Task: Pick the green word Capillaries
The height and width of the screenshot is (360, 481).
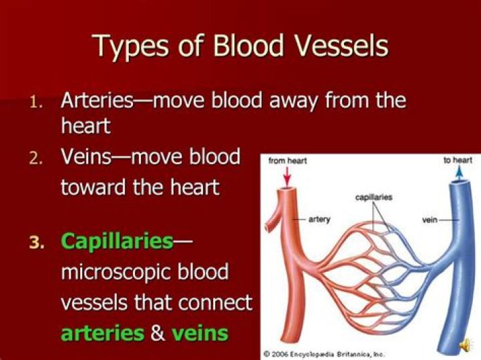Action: click(117, 241)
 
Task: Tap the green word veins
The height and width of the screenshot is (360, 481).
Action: click(200, 333)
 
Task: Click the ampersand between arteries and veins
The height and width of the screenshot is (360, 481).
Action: click(158, 333)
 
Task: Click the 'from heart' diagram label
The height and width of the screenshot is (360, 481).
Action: click(287, 161)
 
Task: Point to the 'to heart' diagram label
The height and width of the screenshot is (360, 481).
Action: click(458, 160)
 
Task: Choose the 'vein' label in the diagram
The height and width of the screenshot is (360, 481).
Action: click(430, 218)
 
